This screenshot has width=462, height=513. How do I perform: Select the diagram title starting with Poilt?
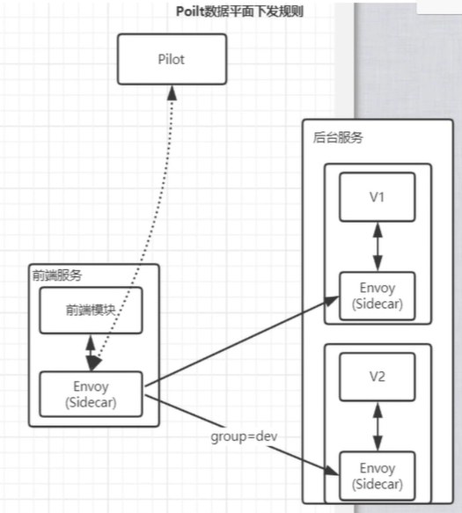point(239,11)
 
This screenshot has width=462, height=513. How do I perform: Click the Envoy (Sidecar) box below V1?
point(378,294)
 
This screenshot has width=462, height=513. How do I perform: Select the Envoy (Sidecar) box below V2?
point(378,475)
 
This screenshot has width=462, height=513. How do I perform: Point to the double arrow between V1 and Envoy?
point(378,246)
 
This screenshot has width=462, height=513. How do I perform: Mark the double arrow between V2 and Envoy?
point(378,427)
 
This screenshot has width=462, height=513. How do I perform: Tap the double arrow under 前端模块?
point(90,352)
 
